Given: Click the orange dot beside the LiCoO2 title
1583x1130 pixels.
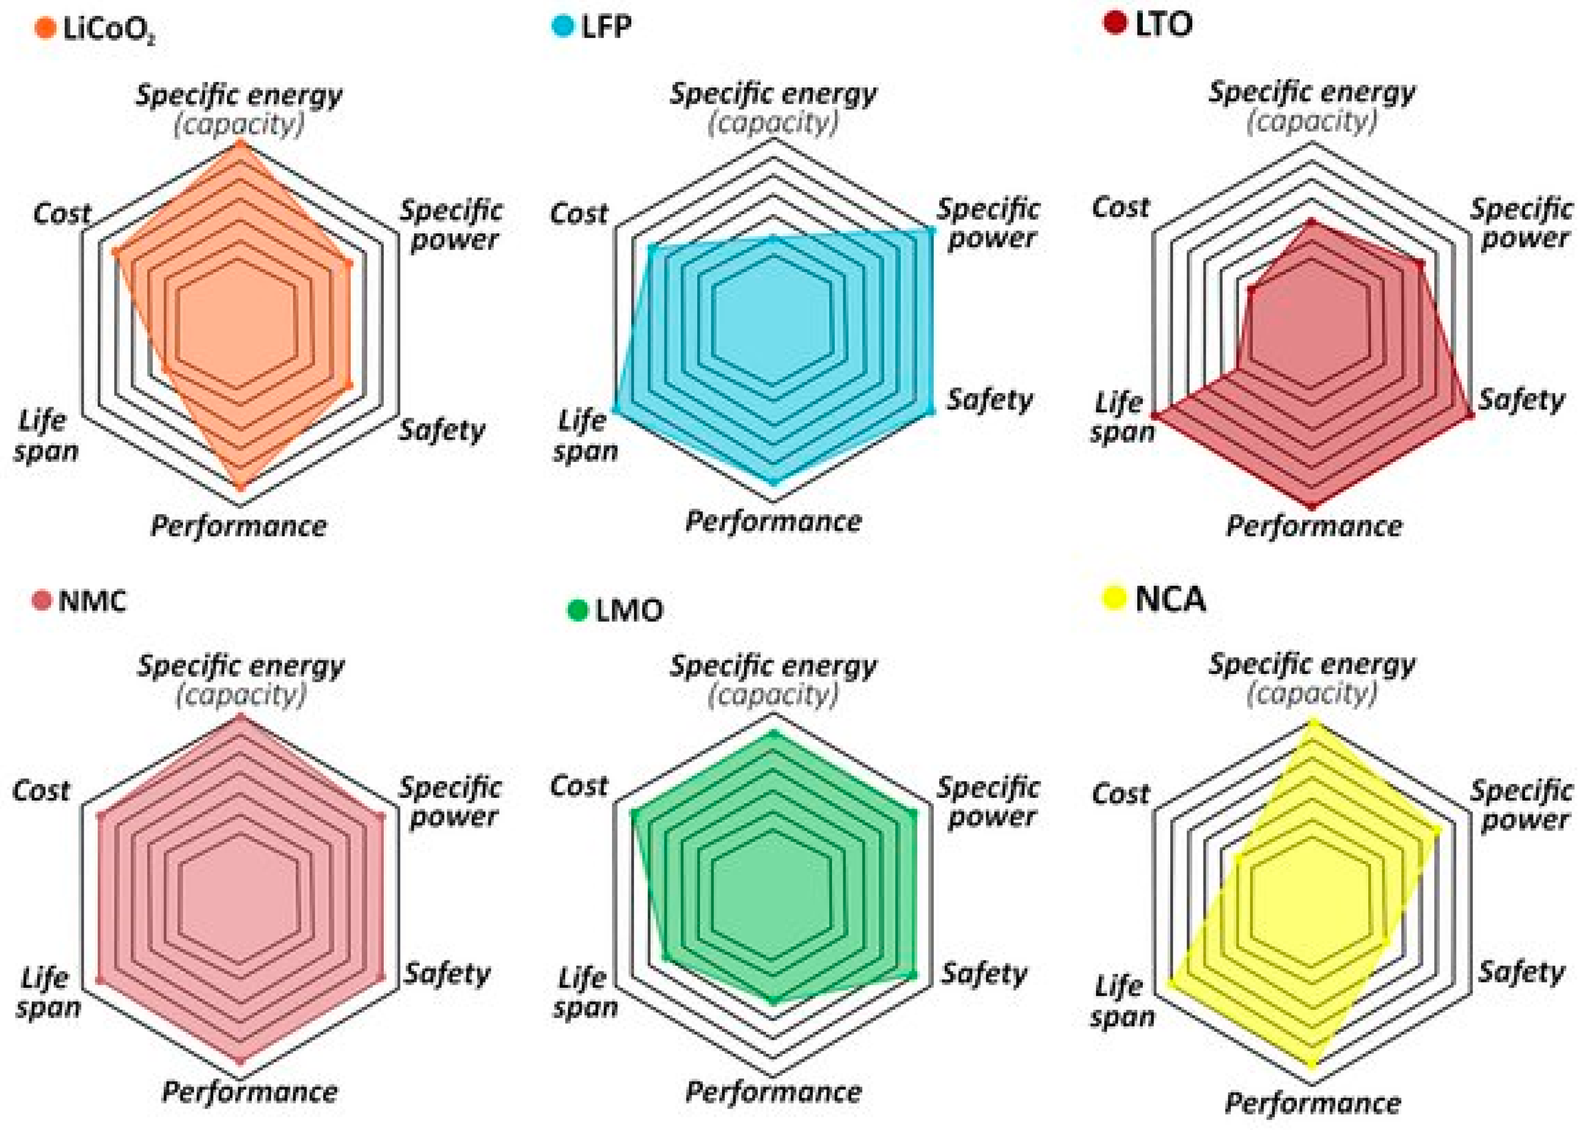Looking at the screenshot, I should click(x=45, y=29).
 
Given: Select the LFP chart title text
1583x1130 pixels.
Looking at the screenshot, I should click(x=607, y=26).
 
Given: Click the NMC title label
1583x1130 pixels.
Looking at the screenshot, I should click(x=92, y=600).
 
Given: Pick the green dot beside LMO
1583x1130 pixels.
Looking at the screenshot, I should click(x=577, y=610).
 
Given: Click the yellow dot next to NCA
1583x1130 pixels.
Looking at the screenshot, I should click(x=1114, y=598).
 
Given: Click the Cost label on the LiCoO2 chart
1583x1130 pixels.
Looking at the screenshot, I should click(x=62, y=214).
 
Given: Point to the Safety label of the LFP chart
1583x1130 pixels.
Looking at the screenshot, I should click(x=989, y=400).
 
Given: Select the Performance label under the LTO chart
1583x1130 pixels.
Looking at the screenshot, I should click(x=1313, y=526).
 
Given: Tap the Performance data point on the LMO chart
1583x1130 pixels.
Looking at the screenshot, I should click(x=772, y=1000).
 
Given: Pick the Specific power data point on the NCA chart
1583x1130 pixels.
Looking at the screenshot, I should click(x=1438, y=831).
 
